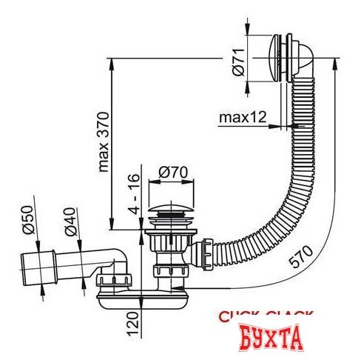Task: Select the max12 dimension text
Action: [x=243, y=117]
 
